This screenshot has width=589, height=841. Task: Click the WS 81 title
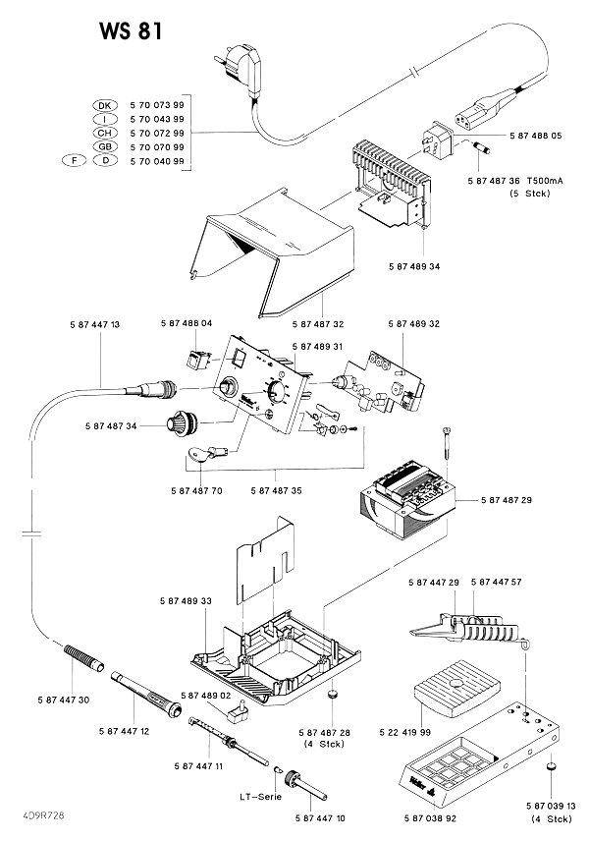coord(131,31)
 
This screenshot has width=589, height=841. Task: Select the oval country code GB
coord(104,146)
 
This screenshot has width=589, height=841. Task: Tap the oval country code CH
coord(104,133)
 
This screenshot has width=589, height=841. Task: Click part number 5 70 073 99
coord(157,104)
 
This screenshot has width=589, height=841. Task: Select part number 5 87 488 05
coord(535,136)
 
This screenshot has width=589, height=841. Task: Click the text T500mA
coord(545,181)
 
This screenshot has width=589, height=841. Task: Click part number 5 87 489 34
coord(414,266)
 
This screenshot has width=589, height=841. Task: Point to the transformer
coord(406,498)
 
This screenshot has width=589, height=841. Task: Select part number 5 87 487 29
coord(507,500)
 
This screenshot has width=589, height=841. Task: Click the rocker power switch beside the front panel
coord(196,359)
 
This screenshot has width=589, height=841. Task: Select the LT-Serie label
coord(260,797)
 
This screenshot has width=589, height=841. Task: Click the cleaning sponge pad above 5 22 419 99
coord(456,688)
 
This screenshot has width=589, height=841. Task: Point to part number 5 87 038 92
coord(430,818)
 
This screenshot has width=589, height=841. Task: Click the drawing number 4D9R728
coord(44,815)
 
